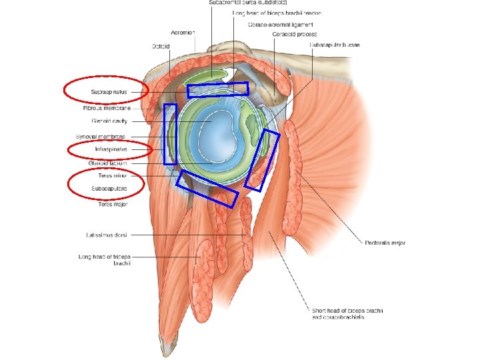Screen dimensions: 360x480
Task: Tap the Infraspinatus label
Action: click(x=110, y=150)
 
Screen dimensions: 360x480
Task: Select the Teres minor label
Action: click(x=111, y=175)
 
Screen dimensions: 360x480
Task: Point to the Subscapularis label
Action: click(x=109, y=189)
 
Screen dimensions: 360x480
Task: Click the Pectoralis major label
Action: click(x=385, y=243)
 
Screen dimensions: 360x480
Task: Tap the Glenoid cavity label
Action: click(x=109, y=121)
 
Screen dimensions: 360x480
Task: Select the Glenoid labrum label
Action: click(x=107, y=163)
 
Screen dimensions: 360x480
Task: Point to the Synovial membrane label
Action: click(x=105, y=136)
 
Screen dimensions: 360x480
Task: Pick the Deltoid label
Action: click(x=160, y=47)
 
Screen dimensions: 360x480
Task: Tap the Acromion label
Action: click(x=183, y=31)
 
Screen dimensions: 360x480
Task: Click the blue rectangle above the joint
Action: click(x=217, y=89)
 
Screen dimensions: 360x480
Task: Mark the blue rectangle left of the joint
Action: click(x=170, y=134)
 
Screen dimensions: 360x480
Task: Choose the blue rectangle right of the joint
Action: click(x=262, y=159)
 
